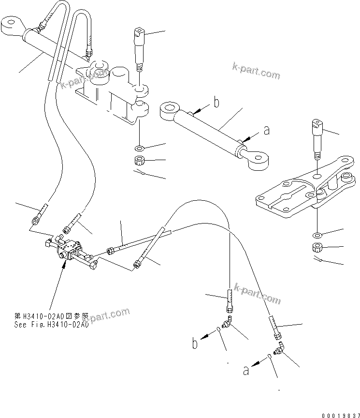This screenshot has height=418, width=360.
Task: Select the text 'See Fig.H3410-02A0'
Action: point(51,325)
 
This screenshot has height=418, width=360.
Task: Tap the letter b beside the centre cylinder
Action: point(216,102)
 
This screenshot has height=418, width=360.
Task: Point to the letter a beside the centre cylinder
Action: point(265,130)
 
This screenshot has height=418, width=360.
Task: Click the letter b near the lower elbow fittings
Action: point(194,344)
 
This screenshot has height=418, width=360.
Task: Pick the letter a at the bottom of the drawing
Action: point(246,371)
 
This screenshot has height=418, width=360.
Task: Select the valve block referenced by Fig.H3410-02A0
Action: point(68,250)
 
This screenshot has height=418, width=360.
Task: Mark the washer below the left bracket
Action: point(139,147)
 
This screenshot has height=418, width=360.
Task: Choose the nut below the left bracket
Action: point(139,161)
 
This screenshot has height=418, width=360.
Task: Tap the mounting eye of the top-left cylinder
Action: point(13,24)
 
